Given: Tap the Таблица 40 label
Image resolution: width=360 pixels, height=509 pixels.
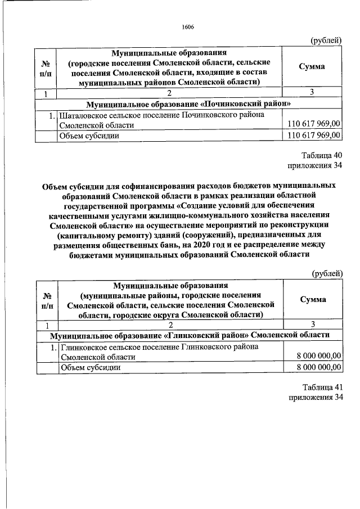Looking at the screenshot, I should click(x=321, y=156).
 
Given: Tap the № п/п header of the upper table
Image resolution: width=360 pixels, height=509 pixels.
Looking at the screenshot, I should click(x=46, y=67).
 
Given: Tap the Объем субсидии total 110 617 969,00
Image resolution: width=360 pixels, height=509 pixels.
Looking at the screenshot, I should click(x=314, y=136).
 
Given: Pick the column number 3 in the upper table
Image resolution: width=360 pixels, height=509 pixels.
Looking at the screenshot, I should click(x=311, y=93).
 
